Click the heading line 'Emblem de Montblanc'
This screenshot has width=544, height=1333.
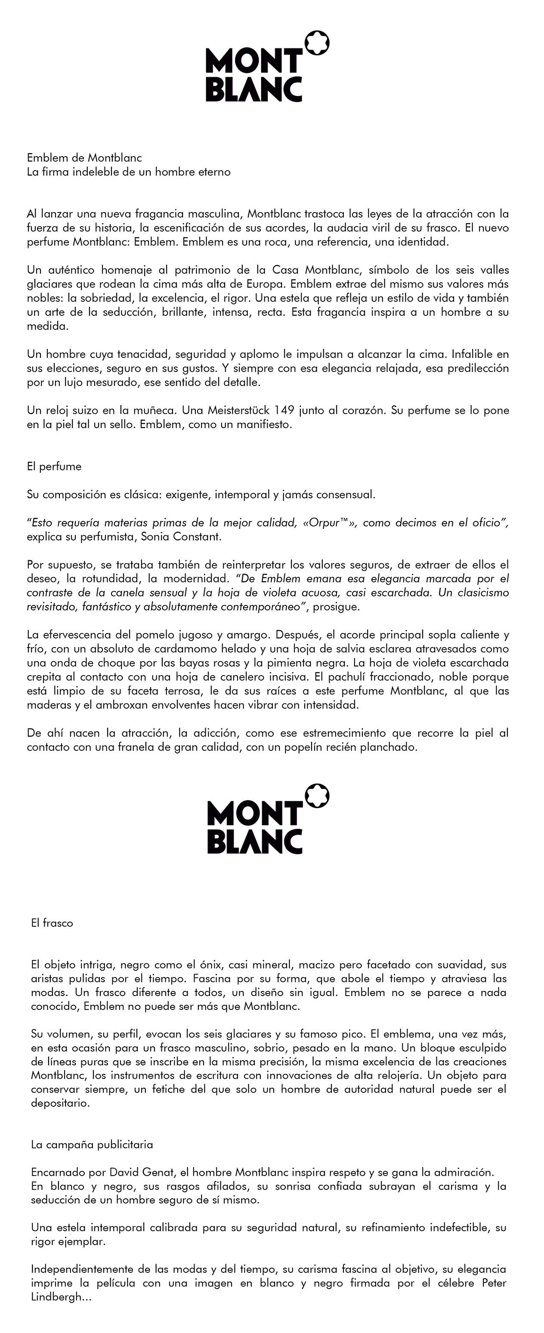(84, 158)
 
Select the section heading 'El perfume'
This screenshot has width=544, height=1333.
(54, 467)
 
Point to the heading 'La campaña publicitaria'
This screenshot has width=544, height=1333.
(92, 1144)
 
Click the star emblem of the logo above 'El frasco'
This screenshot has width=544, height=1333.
(317, 796)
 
